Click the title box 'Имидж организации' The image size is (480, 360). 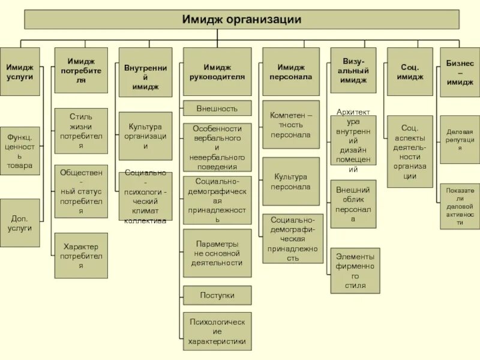241,19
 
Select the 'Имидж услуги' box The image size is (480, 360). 20,72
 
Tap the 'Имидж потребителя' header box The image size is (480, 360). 81,71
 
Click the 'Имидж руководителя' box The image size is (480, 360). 217,72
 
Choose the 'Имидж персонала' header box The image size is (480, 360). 290,72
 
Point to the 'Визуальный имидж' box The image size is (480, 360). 353,71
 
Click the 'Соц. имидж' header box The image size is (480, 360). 409,72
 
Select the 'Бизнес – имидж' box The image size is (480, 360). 460,72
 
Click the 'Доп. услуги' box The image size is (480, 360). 20,223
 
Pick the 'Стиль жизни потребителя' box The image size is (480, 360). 81,131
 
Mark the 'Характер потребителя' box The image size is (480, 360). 81,256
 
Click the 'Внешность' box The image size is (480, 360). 217,109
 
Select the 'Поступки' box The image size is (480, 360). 217,295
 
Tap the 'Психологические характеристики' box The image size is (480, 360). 217,331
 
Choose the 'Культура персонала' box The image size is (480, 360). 290,181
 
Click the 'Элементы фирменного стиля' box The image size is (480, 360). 355,271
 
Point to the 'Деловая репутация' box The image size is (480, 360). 460,139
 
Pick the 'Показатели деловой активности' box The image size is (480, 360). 460,206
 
